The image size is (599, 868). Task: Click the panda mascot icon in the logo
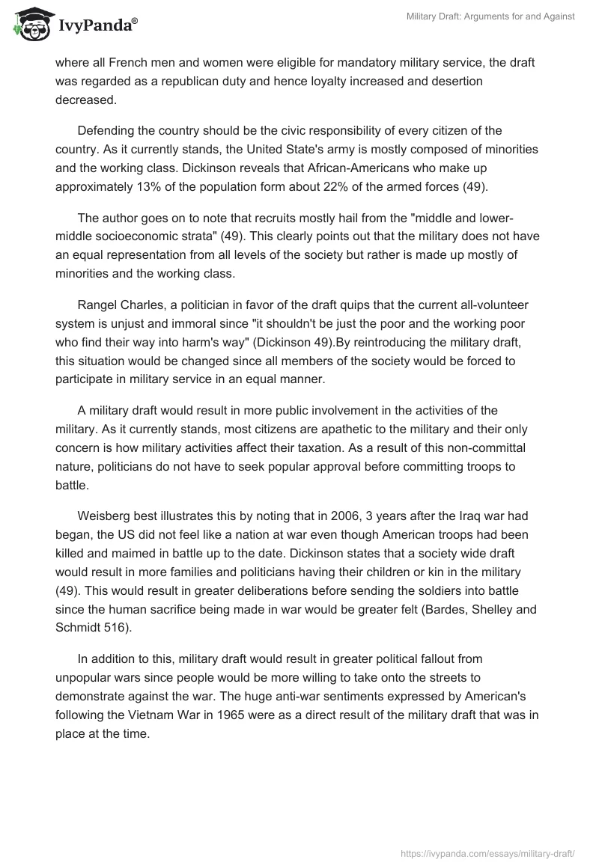31,24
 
